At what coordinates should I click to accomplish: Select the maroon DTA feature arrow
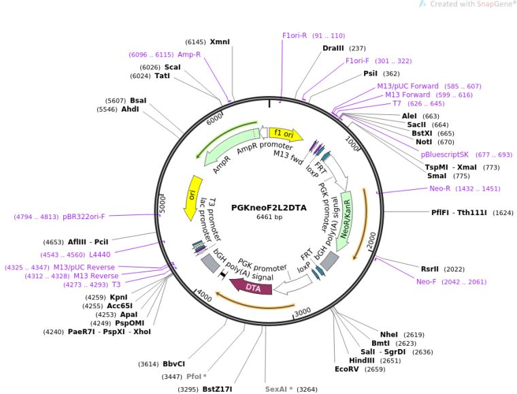[251, 286]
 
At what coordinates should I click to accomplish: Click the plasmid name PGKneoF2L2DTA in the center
[269, 208]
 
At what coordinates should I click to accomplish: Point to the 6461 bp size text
[269, 217]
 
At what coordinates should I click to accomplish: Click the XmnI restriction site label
[220, 42]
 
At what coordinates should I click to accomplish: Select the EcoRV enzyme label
[346, 369]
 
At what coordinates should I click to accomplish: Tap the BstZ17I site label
[217, 389]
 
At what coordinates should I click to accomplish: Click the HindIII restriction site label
[362, 361]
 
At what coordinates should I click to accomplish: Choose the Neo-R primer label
[439, 188]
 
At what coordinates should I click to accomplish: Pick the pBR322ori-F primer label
[84, 216]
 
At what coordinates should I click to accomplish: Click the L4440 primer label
[100, 255]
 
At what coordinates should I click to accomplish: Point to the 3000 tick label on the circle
[303, 312]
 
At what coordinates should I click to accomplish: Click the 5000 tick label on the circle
[162, 204]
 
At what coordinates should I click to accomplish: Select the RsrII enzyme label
[430, 269]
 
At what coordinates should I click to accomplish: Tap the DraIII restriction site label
[333, 48]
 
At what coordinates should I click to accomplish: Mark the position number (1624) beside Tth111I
[503, 213]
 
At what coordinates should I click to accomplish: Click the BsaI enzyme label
[138, 101]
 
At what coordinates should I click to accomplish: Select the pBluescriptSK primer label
[444, 154]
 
